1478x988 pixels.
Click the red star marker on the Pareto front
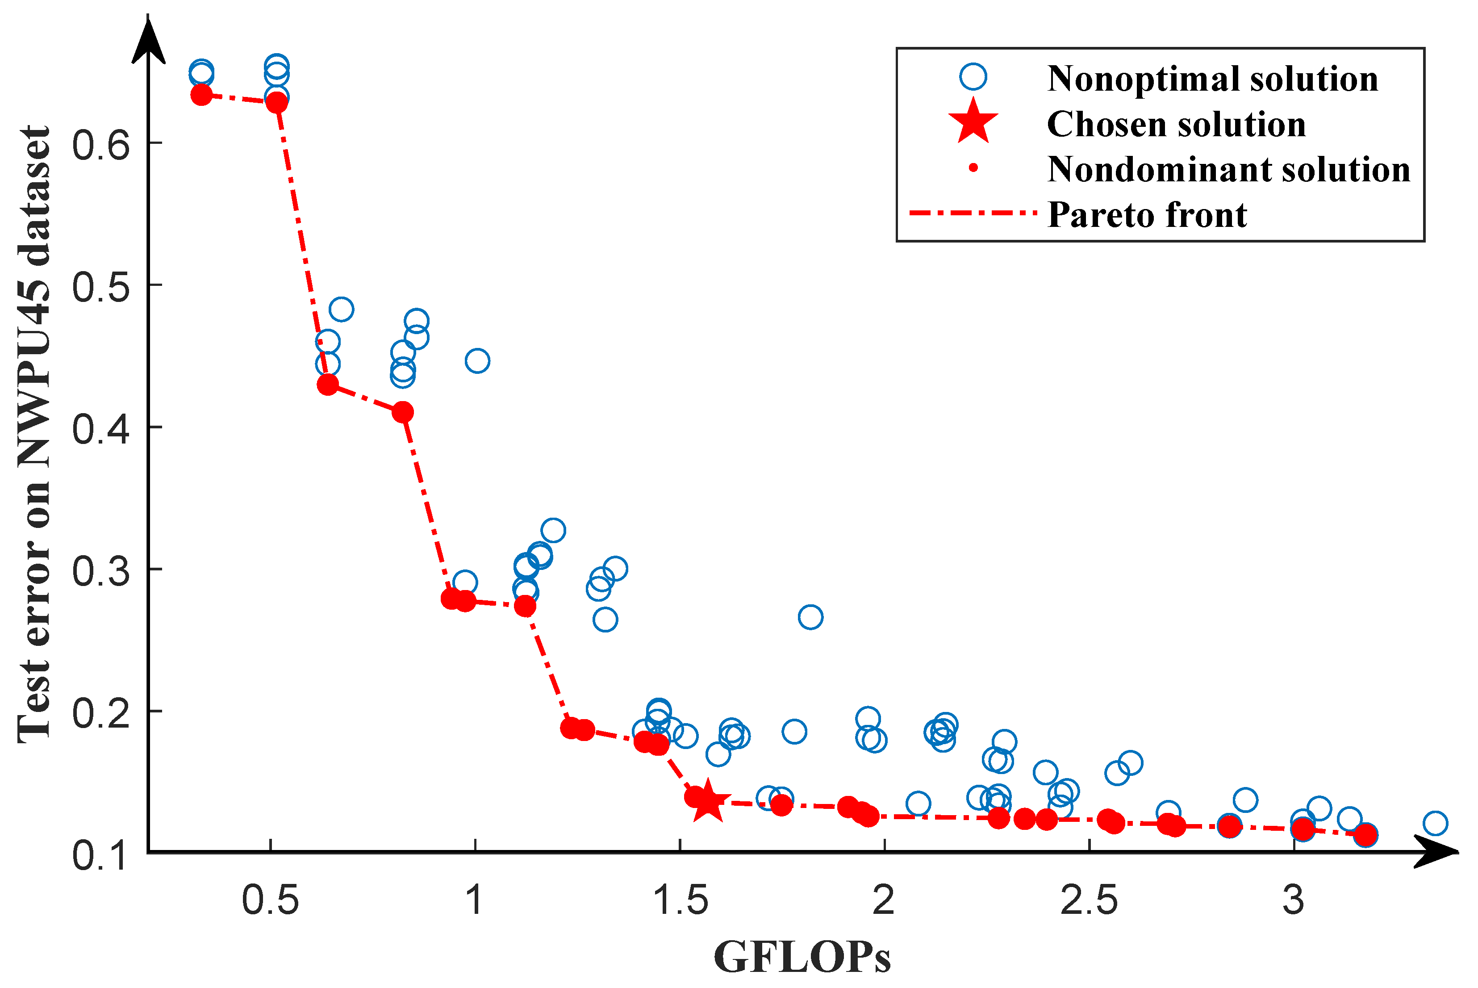click(x=707, y=801)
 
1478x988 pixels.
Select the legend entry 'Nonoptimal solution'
click(x=1212, y=79)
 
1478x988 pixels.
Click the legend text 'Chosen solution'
click(x=1176, y=124)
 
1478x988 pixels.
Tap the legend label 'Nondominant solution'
click(x=1228, y=169)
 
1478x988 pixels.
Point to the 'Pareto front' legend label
click(x=1146, y=215)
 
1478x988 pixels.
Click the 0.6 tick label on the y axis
click(x=101, y=144)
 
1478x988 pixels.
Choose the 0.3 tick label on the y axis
click(x=101, y=571)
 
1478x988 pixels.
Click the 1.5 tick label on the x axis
click(x=680, y=900)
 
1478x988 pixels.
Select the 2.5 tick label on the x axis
click(x=1089, y=900)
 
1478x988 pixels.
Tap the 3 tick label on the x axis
click(x=1293, y=900)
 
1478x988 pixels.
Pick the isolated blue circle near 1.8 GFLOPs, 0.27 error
click(x=810, y=617)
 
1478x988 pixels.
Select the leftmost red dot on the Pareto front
click(x=201, y=95)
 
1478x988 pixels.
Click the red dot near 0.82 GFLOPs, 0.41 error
click(x=402, y=412)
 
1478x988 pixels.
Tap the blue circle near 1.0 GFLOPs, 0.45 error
click(x=477, y=361)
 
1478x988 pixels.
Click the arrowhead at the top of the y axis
click(x=149, y=41)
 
